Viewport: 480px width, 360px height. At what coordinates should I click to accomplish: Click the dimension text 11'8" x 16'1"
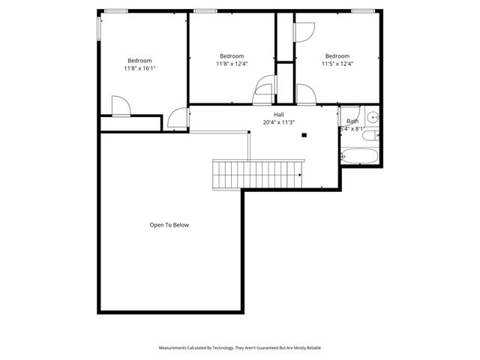tap(139, 68)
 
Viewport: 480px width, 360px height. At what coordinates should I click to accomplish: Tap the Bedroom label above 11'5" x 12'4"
tap(337, 56)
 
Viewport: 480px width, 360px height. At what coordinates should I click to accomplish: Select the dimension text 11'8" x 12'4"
tap(232, 64)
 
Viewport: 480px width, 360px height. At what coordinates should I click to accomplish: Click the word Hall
tap(278, 115)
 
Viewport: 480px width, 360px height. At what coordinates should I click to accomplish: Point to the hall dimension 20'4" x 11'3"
tap(278, 122)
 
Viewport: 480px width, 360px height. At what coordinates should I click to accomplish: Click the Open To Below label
tap(169, 224)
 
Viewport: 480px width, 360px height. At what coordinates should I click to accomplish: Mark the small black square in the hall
tap(304, 136)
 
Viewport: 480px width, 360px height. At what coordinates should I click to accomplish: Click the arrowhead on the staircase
tap(299, 175)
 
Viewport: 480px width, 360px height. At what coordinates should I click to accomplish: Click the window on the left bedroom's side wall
tap(98, 28)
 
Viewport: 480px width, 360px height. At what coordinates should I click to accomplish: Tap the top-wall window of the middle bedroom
tap(205, 10)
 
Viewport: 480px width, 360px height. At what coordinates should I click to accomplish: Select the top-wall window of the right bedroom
tap(363, 10)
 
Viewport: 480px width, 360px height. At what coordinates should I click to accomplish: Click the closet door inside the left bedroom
tap(120, 106)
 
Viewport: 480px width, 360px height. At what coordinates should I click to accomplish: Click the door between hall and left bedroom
tap(177, 118)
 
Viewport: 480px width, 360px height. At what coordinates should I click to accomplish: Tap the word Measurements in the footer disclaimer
tap(174, 348)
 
